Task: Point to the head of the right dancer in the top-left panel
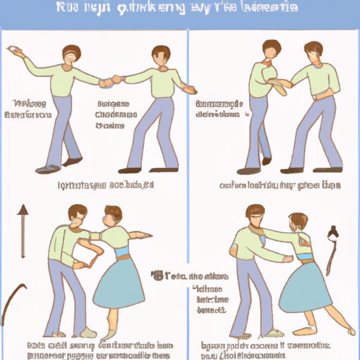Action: pyautogui.click(x=160, y=56)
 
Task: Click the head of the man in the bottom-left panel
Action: pyautogui.click(x=78, y=217)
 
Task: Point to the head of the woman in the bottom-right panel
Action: pyautogui.click(x=297, y=223)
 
